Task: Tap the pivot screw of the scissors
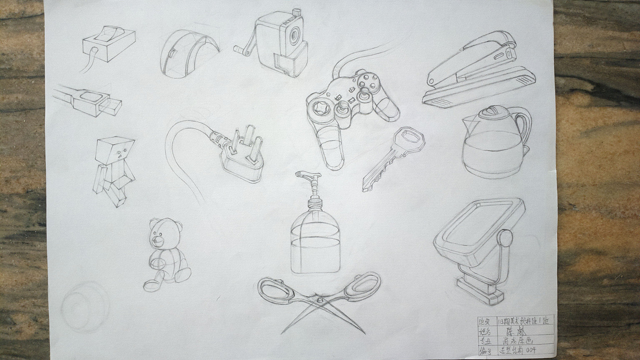pos(318,300)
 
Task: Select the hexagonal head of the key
pos(408,139)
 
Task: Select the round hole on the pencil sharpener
pos(294,35)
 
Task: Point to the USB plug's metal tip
pos(110,106)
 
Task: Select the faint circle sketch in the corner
pos(85,306)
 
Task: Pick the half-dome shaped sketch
pos(187,53)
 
